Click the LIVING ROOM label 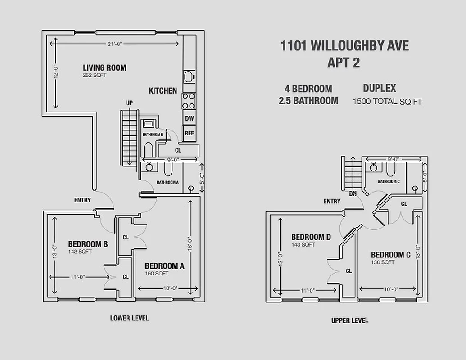104,68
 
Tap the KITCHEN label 163,91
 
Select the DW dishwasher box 189,118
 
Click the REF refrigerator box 189,133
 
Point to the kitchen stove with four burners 189,101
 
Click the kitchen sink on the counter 189,76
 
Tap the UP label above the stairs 129,103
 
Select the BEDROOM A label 164,266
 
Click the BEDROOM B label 88,244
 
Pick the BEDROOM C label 390,255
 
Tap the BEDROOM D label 311,237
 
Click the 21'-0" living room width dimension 115,44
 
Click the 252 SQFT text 94,76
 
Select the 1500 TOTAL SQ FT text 387,102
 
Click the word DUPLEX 379,88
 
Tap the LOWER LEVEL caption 129,318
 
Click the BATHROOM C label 389,182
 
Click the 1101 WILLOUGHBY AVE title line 344,46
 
